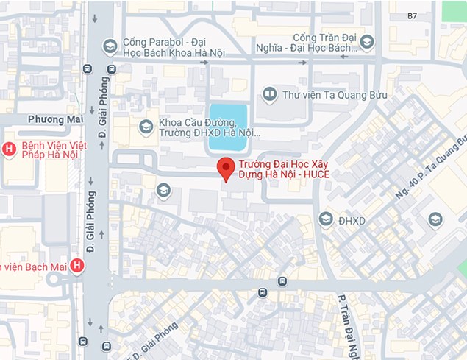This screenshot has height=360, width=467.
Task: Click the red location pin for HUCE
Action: tap(227, 169)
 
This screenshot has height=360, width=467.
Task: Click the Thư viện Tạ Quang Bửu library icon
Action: tap(270, 94)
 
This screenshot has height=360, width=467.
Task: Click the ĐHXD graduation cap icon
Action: tap(325, 219)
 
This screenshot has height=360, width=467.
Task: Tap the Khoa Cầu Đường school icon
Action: tap(146, 127)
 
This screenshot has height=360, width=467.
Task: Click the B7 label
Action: tap(412, 15)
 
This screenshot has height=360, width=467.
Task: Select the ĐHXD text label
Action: tap(352, 220)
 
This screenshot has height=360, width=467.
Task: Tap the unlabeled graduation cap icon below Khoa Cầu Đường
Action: tap(163, 191)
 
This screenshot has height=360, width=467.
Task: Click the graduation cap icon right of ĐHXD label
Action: tap(435, 219)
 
